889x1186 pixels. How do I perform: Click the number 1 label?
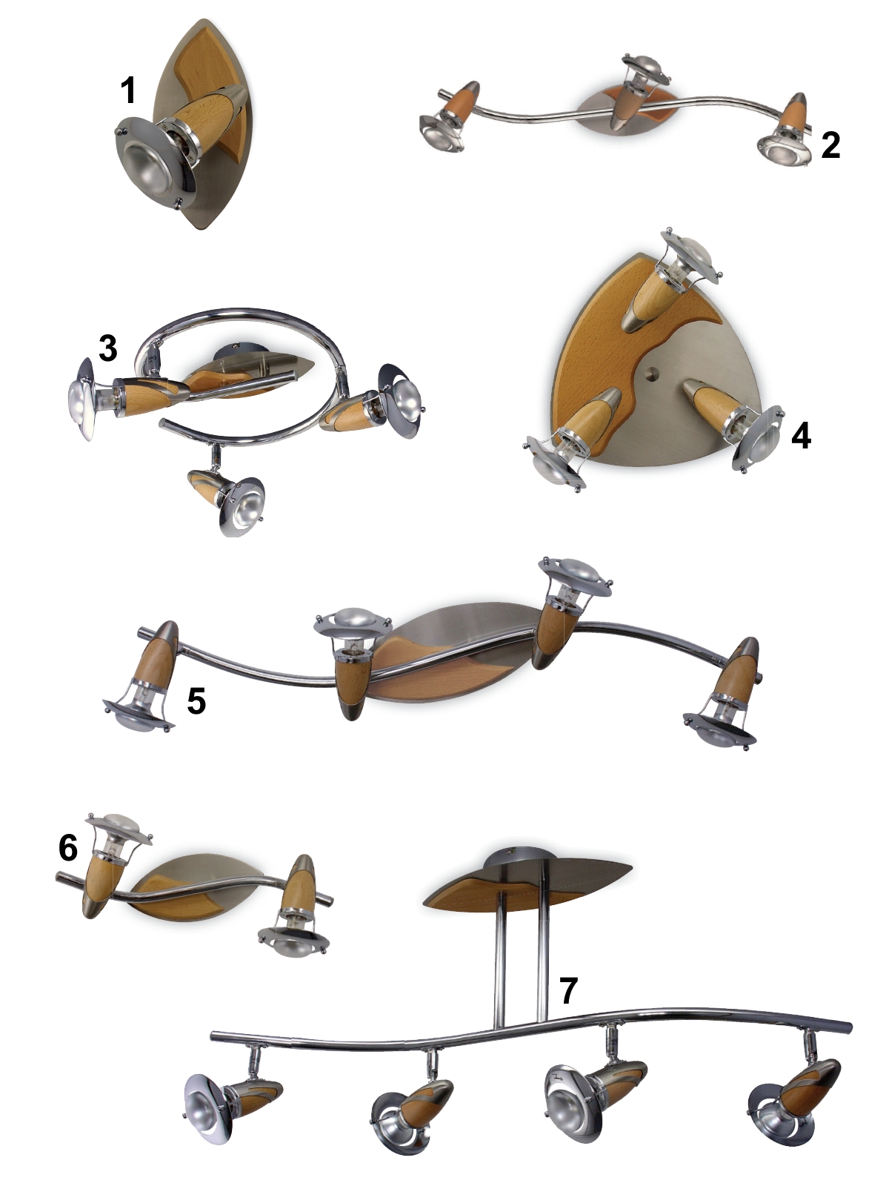(128, 90)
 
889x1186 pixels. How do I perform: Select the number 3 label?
(108, 348)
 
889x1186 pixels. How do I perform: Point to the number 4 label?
(801, 436)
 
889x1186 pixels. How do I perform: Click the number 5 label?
(196, 700)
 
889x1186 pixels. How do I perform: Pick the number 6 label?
(68, 848)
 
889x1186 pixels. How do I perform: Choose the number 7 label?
(567, 990)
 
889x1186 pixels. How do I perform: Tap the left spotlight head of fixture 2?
(441, 134)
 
